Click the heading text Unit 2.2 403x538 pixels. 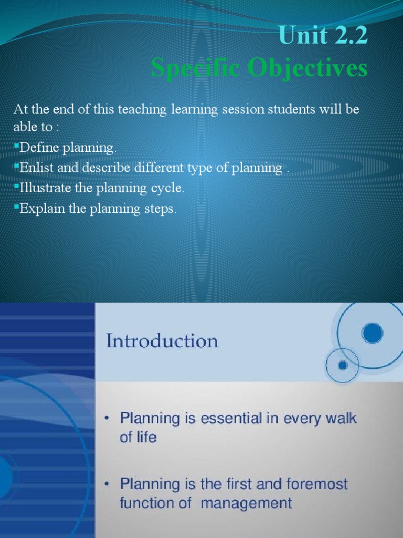click(x=323, y=36)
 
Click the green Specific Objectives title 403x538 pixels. click(x=259, y=68)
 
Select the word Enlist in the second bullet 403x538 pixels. click(x=35, y=168)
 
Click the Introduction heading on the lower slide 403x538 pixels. click(x=162, y=342)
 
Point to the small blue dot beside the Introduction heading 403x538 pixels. click(x=343, y=365)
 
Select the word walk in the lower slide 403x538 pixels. click(x=340, y=419)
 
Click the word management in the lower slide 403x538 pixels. click(x=247, y=503)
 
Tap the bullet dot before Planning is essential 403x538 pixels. click(x=107, y=419)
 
